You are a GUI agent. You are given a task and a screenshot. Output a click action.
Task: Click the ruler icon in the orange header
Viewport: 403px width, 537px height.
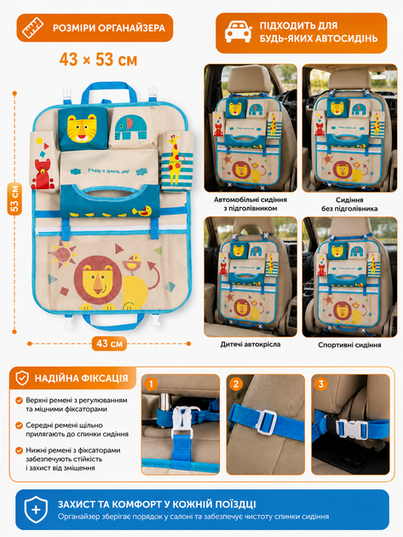click(33, 28)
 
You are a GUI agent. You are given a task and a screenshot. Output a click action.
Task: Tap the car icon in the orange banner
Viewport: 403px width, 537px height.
click(239, 32)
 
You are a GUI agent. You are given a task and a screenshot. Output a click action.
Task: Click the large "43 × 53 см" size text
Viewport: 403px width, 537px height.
click(98, 60)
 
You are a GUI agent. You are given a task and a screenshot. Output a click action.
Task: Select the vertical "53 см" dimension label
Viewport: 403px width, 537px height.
click(14, 199)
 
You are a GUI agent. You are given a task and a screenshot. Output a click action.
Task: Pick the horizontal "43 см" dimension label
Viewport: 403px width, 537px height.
click(109, 344)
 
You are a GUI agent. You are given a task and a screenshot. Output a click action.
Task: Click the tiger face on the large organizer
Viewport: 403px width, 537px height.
click(82, 129)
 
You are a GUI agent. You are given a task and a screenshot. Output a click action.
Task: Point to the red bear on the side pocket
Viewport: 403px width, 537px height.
click(43, 174)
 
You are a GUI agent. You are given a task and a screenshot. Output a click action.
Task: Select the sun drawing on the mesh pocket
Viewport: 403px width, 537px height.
click(63, 254)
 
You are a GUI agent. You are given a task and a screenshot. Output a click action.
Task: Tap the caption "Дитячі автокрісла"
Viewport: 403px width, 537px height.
click(250, 344)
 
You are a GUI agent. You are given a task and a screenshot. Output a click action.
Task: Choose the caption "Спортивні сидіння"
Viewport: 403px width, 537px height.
click(349, 345)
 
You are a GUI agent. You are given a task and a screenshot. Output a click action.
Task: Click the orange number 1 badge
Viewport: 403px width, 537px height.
click(151, 384)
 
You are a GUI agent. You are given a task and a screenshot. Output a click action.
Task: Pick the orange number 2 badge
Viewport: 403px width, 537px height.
click(236, 384)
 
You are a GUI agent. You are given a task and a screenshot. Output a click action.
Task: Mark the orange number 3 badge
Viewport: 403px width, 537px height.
click(321, 384)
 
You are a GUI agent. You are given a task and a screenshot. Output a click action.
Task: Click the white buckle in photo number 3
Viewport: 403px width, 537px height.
click(352, 429)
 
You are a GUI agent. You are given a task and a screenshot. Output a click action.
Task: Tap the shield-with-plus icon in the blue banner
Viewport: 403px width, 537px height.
click(36, 510)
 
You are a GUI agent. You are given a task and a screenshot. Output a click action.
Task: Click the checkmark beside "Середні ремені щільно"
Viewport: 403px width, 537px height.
click(20, 425)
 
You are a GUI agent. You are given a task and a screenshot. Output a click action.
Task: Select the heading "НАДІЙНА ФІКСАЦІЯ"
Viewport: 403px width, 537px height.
click(81, 378)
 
